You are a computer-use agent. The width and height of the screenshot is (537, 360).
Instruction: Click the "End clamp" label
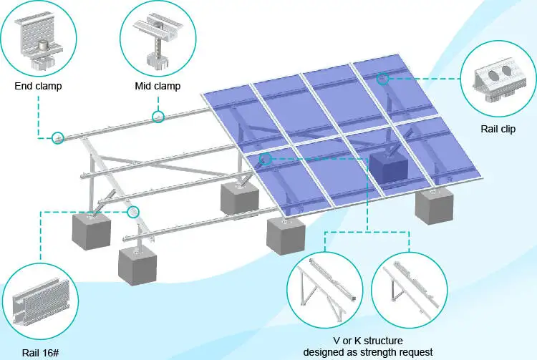[38, 87]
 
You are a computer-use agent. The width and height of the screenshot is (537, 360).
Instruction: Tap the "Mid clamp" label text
[158, 87]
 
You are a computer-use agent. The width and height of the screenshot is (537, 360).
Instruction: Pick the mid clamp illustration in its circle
[158, 39]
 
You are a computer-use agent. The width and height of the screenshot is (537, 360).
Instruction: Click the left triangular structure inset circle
[324, 291]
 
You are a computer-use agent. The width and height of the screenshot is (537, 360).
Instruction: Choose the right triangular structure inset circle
[409, 291]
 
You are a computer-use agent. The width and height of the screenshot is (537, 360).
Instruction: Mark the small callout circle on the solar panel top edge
[383, 79]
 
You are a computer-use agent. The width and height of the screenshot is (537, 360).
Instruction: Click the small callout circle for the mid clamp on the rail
[158, 117]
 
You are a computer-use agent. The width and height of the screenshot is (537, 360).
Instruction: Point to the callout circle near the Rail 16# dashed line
[133, 212]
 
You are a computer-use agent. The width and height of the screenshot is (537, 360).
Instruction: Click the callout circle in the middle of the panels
[266, 159]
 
